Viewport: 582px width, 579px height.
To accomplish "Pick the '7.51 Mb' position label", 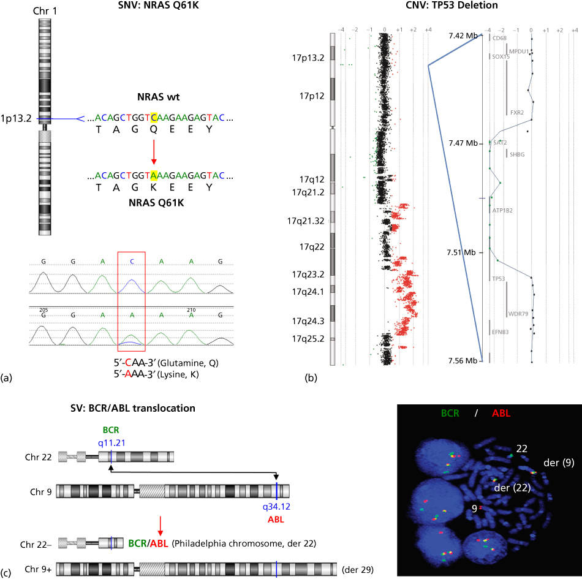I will pos(463,252).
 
